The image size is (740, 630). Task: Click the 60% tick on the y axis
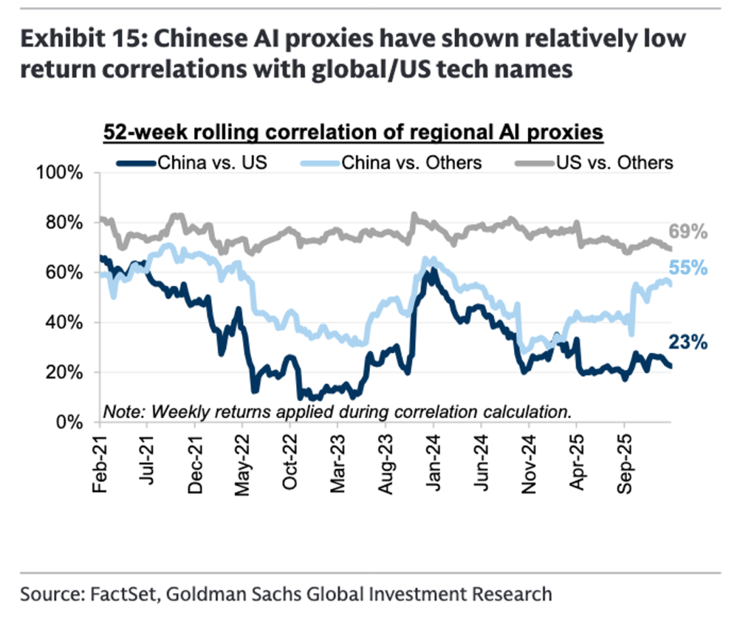pyautogui.click(x=68, y=272)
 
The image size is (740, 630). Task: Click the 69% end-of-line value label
pyautogui.click(x=689, y=232)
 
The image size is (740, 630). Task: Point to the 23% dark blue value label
pyautogui.click(x=689, y=341)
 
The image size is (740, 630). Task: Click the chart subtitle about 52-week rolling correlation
pyautogui.click(x=353, y=132)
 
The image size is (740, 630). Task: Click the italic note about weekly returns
pyautogui.click(x=336, y=411)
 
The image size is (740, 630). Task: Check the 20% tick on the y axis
pyautogui.click(x=68, y=372)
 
